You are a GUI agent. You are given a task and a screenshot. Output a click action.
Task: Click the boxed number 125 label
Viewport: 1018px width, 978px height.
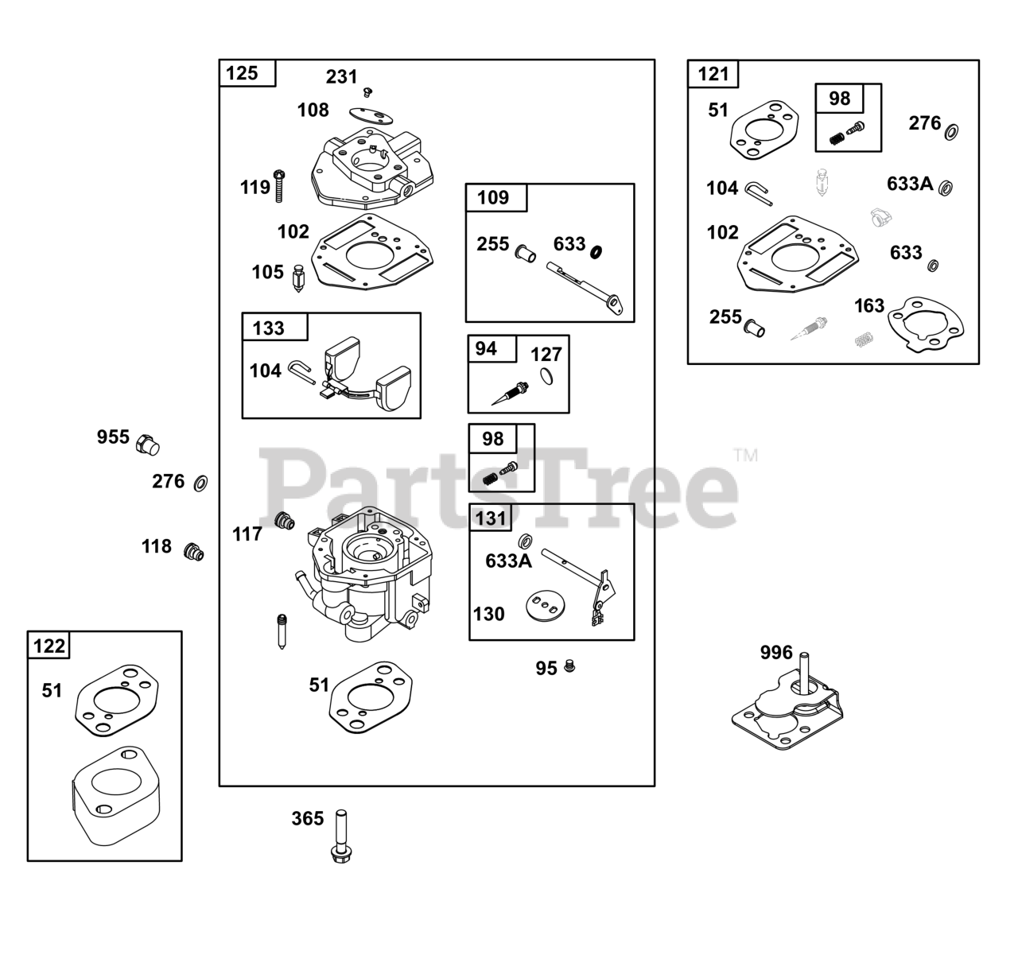[243, 73]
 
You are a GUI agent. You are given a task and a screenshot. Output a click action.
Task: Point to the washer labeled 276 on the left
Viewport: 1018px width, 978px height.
[201, 482]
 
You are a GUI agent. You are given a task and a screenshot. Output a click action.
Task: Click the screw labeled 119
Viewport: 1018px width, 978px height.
[279, 184]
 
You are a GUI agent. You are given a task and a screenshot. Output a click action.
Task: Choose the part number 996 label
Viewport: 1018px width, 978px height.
[776, 653]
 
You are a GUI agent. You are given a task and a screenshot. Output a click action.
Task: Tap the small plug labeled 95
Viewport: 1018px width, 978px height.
[569, 666]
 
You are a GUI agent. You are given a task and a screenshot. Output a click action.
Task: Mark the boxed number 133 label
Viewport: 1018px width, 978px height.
[268, 328]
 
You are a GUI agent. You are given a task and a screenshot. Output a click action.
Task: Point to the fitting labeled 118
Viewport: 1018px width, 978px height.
[193, 552]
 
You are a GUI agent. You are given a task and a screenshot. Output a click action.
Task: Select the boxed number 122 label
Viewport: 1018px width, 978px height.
[49, 646]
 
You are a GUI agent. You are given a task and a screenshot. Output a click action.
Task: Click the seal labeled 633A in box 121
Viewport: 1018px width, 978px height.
[946, 188]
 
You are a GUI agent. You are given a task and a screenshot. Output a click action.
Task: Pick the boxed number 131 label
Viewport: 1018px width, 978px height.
[491, 518]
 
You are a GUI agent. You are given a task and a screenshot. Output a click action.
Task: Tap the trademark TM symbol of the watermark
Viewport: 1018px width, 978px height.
[745, 456]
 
